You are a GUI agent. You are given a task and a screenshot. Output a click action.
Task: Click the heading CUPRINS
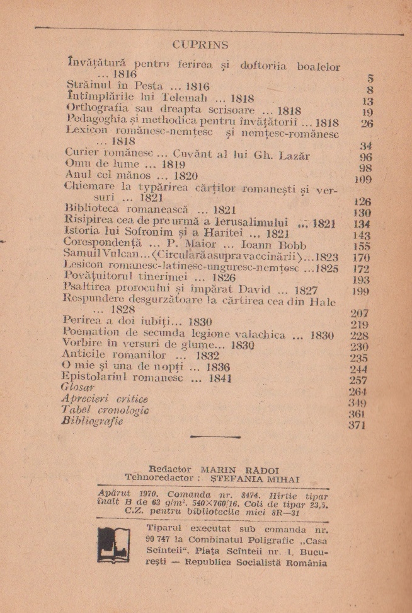coord(200,45)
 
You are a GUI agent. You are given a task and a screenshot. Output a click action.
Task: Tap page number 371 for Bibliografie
coord(357,425)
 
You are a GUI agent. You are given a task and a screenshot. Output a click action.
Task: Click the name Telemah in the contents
coord(181,98)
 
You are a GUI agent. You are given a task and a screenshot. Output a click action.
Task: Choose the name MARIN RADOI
coord(235,469)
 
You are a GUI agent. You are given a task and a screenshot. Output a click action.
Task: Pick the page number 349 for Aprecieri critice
coord(358,402)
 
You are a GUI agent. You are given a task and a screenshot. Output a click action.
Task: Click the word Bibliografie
coord(92,421)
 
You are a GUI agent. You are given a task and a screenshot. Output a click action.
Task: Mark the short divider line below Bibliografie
coord(214,436)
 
